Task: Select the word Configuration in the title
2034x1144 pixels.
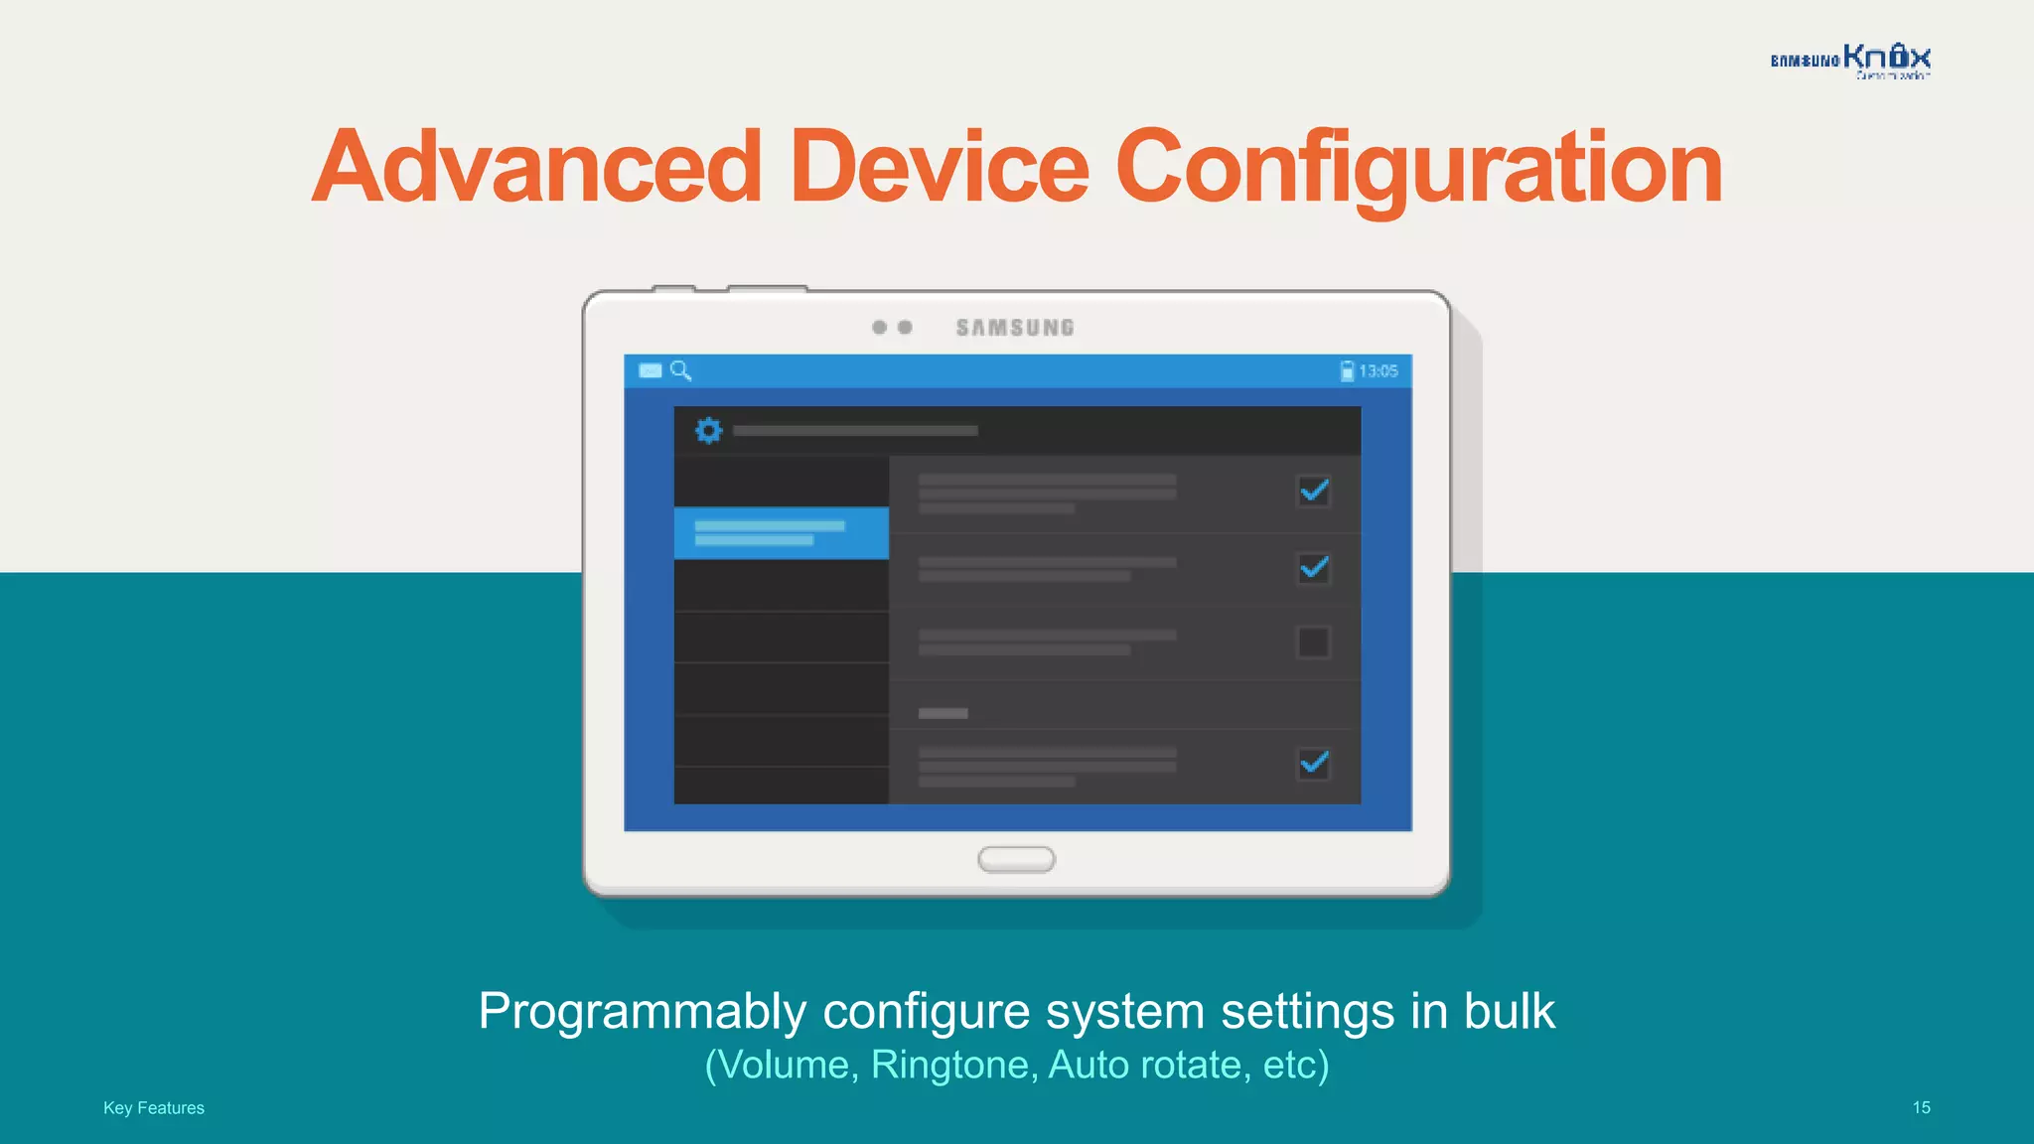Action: [1419, 169]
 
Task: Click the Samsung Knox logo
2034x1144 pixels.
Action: [1850, 60]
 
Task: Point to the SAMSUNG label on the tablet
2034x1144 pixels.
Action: [1015, 328]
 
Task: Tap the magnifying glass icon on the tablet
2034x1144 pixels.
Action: [680, 370]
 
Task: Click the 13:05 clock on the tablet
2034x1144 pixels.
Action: [1379, 371]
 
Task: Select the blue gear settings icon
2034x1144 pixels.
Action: [708, 431]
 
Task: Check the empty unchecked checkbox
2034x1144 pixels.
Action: [1313, 643]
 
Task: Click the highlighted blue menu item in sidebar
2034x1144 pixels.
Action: [781, 533]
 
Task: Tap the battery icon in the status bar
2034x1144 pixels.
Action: [1347, 371]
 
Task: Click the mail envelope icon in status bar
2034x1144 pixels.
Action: [651, 370]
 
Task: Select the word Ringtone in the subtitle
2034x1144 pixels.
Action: [953, 1065]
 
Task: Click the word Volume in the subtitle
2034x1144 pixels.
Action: [784, 1065]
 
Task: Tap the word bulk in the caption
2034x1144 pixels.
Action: [1509, 1011]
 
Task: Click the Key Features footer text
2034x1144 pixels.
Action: [154, 1107]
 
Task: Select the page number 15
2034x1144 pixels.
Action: [1921, 1107]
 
